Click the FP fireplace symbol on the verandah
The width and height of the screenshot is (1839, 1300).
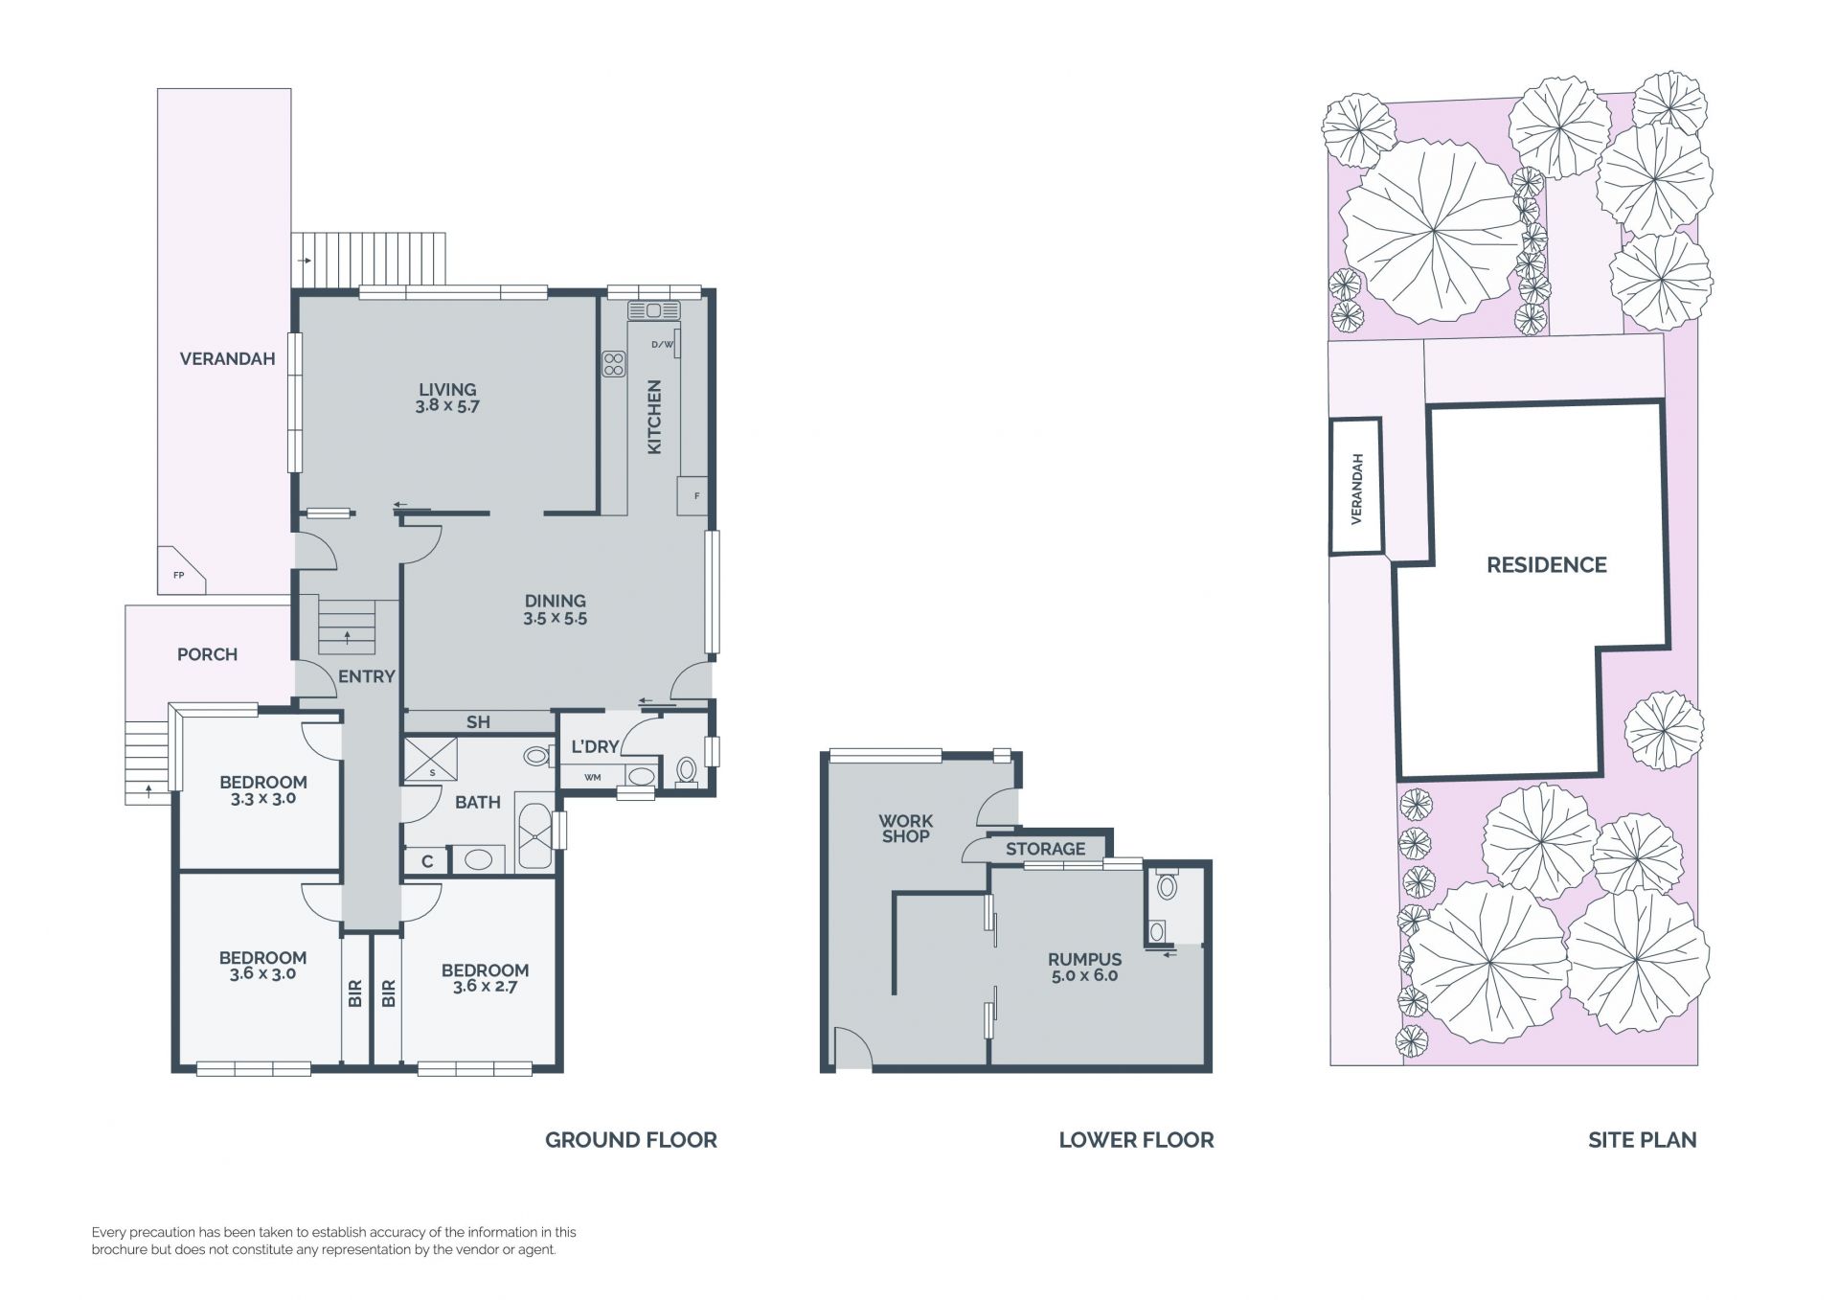coord(179,572)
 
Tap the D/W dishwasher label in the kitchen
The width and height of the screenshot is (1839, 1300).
coord(662,344)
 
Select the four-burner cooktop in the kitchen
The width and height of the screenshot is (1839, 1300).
coord(614,364)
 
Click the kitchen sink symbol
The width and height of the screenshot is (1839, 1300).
coord(654,310)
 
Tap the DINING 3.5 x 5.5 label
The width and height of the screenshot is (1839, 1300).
coord(556,610)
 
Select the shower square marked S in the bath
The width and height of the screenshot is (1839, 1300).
coord(431,760)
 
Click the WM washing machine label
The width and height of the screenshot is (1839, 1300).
coord(593,777)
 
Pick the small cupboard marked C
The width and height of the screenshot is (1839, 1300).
coord(427,861)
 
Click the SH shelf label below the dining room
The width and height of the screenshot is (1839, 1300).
coord(478,722)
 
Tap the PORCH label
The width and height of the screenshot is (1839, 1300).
coord(208,654)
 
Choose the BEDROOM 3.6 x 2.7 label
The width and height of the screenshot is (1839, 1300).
coord(486,978)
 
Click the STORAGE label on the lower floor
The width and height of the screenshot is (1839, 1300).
coord(1046,849)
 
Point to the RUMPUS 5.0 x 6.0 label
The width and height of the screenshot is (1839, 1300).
coord(1084,967)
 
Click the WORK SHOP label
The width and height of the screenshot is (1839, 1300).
coord(906,829)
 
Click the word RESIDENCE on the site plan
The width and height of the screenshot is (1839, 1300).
coord(1547,565)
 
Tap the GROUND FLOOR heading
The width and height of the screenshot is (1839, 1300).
coord(631,1140)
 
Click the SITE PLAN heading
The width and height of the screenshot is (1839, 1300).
coord(1643,1140)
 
